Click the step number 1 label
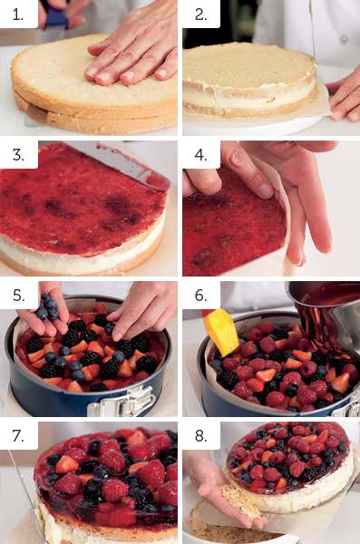(x=18, y=15)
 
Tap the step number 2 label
(x=200, y=15)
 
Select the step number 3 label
(x=18, y=155)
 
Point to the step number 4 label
(x=200, y=155)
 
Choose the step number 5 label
(x=18, y=296)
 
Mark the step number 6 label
(x=200, y=296)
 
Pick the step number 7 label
(x=18, y=436)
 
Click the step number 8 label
(x=200, y=436)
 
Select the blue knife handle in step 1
(x=56, y=16)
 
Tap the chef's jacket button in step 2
(x=344, y=39)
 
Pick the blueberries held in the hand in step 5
(x=47, y=306)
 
